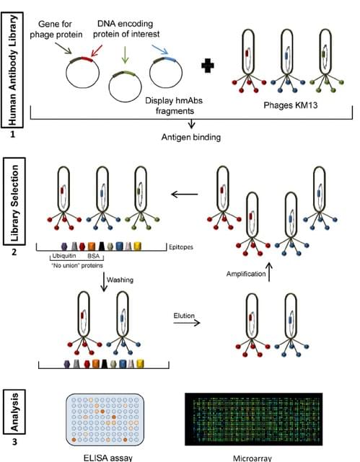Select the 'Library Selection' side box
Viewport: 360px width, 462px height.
tap(14, 204)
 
